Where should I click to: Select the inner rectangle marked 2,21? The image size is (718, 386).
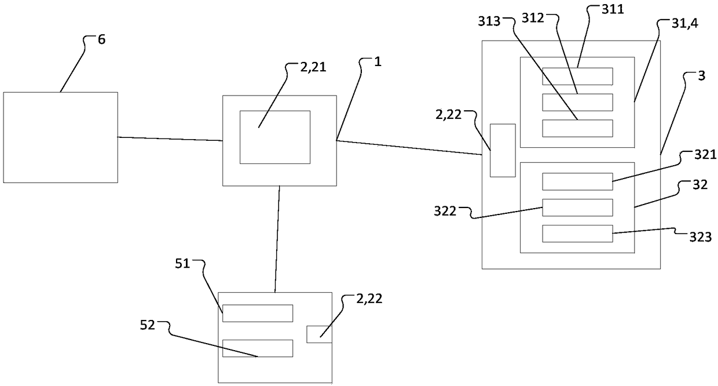pyautogui.click(x=274, y=137)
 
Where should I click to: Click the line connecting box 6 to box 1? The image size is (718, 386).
pyautogui.click(x=170, y=139)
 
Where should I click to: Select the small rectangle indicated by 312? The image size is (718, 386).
pyautogui.click(x=577, y=102)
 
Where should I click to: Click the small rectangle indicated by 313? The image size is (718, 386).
pyautogui.click(x=577, y=128)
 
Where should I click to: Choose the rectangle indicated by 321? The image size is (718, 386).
pyautogui.click(x=577, y=181)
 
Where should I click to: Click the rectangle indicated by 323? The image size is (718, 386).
pyautogui.click(x=577, y=234)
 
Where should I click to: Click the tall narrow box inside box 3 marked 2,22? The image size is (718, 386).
pyautogui.click(x=503, y=150)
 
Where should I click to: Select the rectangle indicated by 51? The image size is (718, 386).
pyautogui.click(x=258, y=313)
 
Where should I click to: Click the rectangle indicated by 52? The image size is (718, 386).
pyautogui.click(x=258, y=348)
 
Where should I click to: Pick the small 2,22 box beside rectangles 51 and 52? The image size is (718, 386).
pyautogui.click(x=318, y=334)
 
